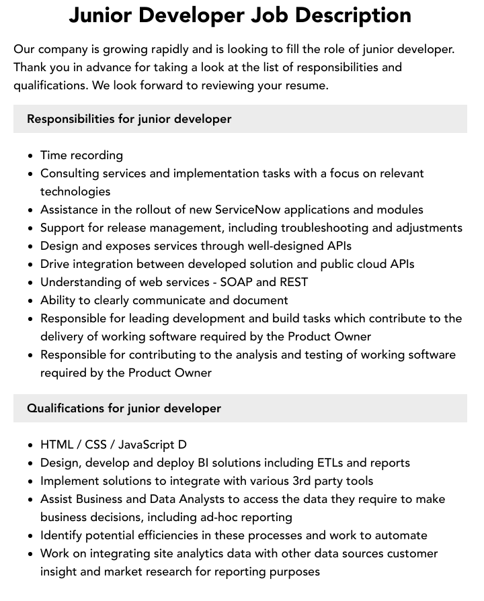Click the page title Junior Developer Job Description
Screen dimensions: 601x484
240,15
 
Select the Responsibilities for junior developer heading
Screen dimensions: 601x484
129,119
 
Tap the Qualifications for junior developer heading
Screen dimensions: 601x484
124,408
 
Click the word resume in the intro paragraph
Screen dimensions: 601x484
306,85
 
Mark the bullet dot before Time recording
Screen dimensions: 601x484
31,156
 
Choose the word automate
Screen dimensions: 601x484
400,535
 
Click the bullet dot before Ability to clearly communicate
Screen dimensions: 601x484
31,301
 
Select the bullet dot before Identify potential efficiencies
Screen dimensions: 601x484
31,536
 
